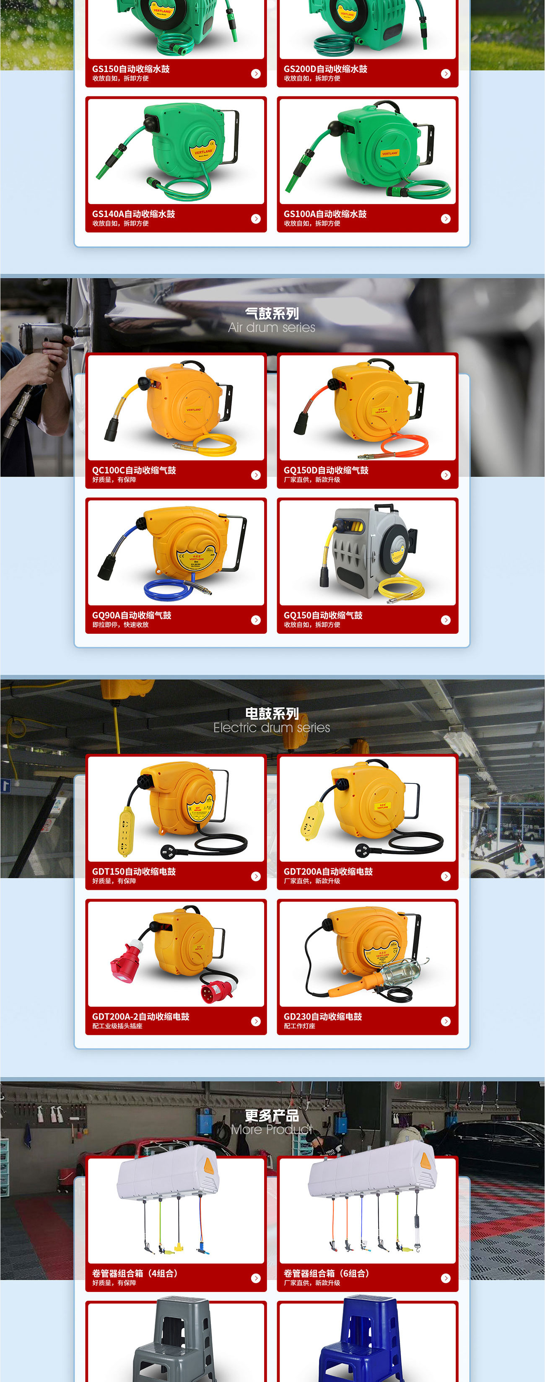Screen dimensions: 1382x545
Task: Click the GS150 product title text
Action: point(131,69)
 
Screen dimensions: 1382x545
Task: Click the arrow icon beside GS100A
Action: point(446,219)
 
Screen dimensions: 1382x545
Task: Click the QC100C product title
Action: point(134,470)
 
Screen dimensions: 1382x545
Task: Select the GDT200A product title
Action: point(328,872)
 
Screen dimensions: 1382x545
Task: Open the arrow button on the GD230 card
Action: point(446,1022)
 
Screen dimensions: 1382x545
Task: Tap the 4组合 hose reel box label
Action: point(135,1273)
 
